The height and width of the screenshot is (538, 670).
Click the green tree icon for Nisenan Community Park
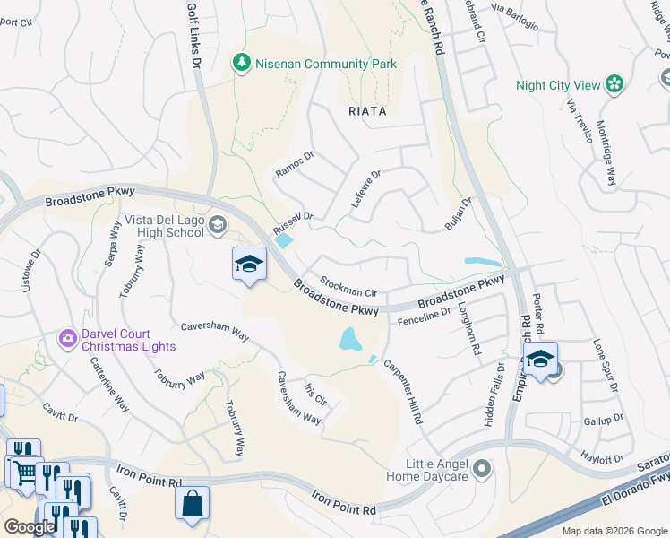pos(240,64)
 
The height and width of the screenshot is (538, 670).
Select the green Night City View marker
pos(614,85)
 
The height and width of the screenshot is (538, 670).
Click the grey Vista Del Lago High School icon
pos(218,224)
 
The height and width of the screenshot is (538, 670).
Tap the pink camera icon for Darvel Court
pos(67,338)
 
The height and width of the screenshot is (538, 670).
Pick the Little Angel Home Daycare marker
pos(482,469)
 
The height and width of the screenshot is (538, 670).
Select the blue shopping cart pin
pos(24,469)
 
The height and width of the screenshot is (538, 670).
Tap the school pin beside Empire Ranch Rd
pos(540,360)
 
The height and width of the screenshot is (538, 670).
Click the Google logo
pos(30,527)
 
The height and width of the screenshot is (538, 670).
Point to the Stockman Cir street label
pos(348,291)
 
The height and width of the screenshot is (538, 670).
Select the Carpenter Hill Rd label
pos(402,392)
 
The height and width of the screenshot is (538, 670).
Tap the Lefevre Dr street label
pos(365,189)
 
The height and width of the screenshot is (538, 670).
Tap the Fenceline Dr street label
pos(425,315)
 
